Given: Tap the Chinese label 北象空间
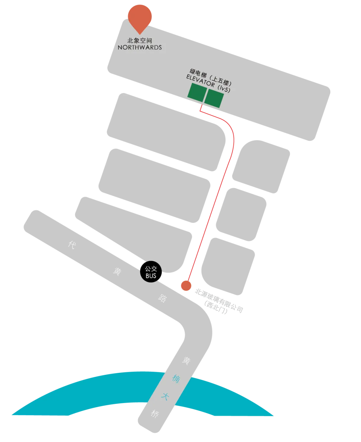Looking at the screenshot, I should [x=140, y=40].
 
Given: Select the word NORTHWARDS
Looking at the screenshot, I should [x=140, y=47].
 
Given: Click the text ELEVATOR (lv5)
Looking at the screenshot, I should [x=208, y=84].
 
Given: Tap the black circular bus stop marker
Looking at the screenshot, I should [x=151, y=272].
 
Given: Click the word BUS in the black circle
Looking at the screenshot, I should [x=151, y=276].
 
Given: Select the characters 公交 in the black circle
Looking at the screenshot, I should [x=151, y=269].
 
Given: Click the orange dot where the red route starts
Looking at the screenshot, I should [x=186, y=286].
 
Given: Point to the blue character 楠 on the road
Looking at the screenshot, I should [x=176, y=379].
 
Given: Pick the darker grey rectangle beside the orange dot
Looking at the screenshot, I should [x=221, y=302].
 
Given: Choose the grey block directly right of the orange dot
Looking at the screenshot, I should [x=228, y=266].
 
